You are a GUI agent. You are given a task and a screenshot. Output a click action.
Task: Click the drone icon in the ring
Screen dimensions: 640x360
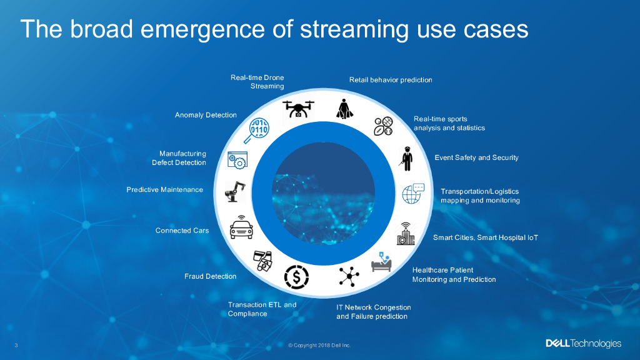pos(298,108)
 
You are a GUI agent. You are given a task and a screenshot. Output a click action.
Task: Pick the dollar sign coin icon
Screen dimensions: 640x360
pos(296,275)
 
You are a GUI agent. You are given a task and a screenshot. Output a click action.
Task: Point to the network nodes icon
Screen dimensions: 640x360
pos(348,275)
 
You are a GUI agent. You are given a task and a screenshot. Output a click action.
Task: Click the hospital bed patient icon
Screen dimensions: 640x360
pos(382,262)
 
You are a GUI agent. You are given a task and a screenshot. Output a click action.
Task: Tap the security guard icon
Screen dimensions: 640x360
pos(407,158)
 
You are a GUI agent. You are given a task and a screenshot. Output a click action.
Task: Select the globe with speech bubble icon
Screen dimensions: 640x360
pos(413,193)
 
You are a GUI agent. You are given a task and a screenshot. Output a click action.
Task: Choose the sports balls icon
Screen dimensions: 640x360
pos(383,126)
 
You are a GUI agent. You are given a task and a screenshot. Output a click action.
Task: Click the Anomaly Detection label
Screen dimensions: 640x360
pos(206,115)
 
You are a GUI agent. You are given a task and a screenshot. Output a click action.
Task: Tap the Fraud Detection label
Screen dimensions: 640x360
pos(210,276)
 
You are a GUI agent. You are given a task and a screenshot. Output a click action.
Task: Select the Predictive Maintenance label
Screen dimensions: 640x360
pos(164,189)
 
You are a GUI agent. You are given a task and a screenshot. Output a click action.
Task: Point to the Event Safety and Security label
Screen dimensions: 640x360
pos(476,157)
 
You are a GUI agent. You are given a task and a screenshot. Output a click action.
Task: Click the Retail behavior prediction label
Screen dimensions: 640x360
pos(391,80)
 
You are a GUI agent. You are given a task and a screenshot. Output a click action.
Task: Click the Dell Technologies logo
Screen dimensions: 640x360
pos(583,344)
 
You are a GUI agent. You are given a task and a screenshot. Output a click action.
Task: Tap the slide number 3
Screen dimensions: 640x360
pos(16,345)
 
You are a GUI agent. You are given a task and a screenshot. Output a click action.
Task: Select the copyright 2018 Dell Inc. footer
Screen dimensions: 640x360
pos(319,345)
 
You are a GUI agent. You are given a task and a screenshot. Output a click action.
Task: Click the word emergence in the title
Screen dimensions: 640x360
pos(182,29)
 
